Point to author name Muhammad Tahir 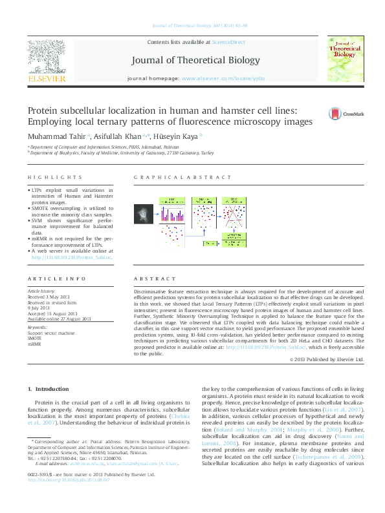pyautogui.click(x=49, y=136)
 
